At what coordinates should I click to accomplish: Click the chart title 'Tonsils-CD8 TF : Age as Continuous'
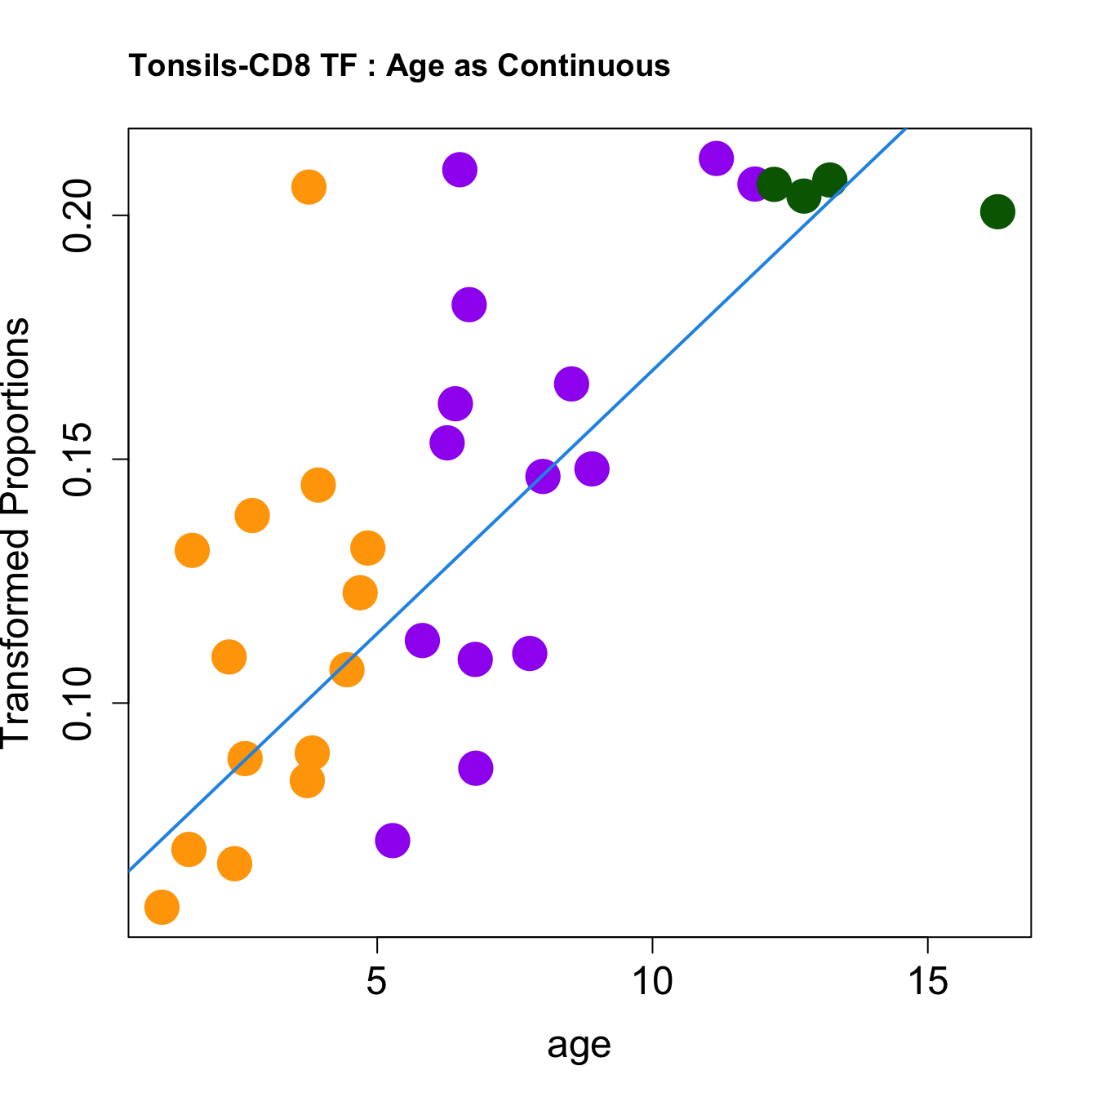point(399,65)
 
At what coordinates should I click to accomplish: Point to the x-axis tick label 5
point(376,982)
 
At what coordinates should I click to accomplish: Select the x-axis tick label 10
point(652,982)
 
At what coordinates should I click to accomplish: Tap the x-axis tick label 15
point(928,982)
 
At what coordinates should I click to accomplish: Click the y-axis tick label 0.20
point(79,215)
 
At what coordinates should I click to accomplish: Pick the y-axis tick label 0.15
point(79,460)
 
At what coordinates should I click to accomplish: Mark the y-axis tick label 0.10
point(79,704)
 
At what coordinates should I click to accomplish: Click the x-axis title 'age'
point(579,1046)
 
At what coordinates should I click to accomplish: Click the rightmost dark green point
point(997,212)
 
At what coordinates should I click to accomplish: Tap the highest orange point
point(309,187)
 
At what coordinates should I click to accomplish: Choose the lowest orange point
point(162,907)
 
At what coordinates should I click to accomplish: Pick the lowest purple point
point(393,840)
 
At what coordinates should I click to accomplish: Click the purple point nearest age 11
point(716,158)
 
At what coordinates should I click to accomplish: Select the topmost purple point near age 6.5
point(460,170)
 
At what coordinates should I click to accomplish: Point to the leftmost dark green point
point(773,184)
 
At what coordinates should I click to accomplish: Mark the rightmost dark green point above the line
point(830,179)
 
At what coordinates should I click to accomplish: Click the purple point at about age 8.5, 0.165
point(571,384)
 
